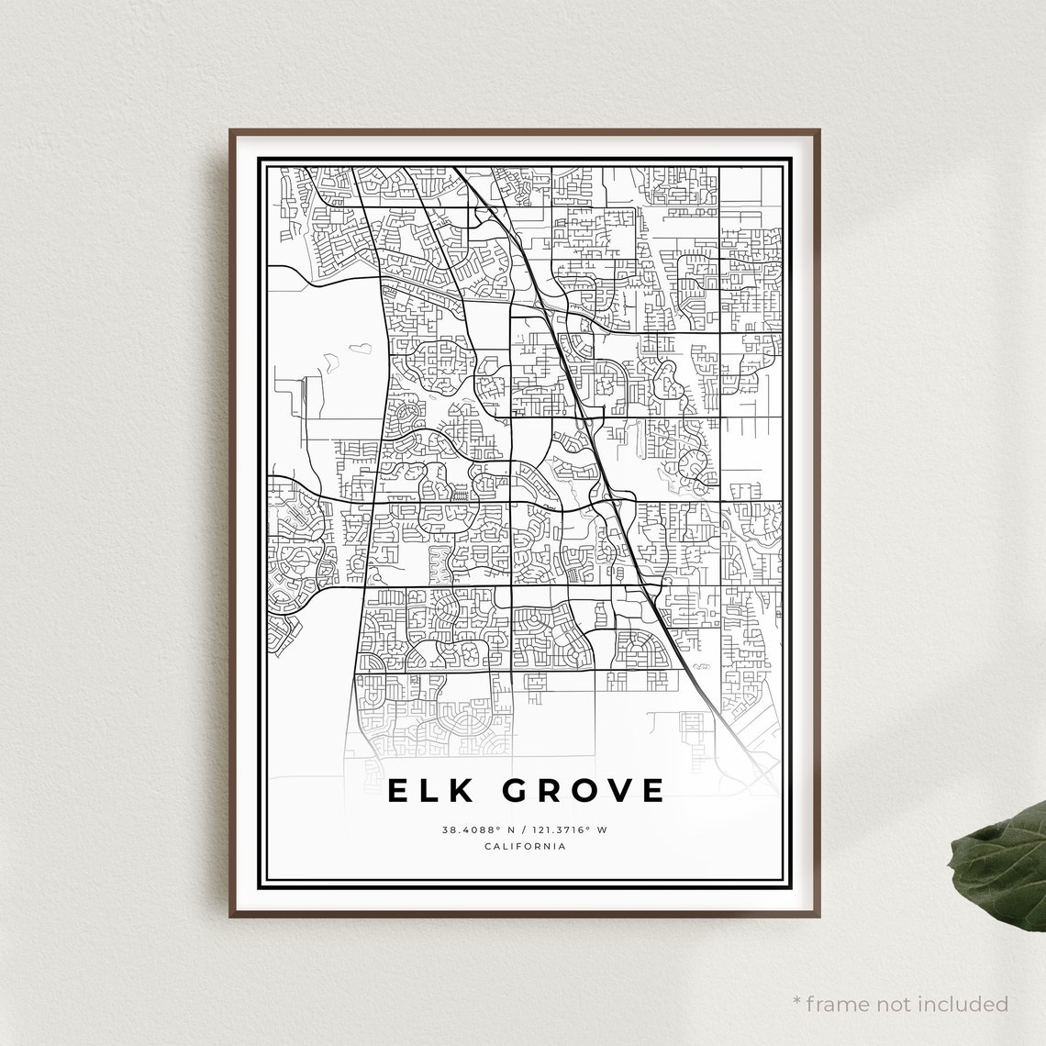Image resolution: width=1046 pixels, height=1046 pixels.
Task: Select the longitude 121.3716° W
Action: click(566, 829)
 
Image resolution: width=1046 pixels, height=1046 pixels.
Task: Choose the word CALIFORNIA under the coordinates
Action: click(525, 846)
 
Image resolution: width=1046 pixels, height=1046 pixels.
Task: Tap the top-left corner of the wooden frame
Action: click(231, 131)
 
